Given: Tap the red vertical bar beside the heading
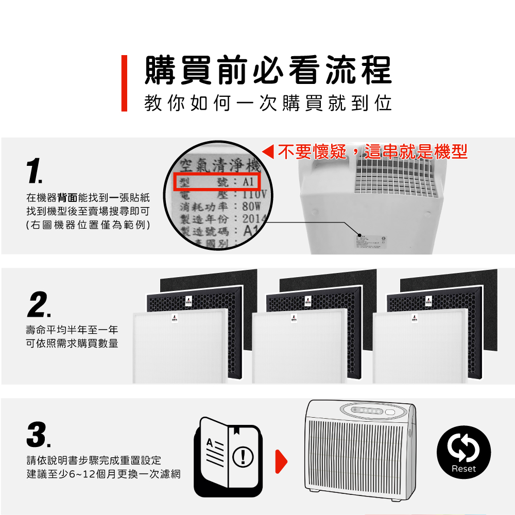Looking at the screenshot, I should pos(124,83).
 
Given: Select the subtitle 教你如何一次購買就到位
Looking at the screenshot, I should pos(268,103).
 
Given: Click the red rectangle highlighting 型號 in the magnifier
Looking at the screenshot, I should pos(218,182).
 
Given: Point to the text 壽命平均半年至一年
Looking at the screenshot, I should pos(72,330).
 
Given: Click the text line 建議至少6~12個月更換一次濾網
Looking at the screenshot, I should pos(103,474).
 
